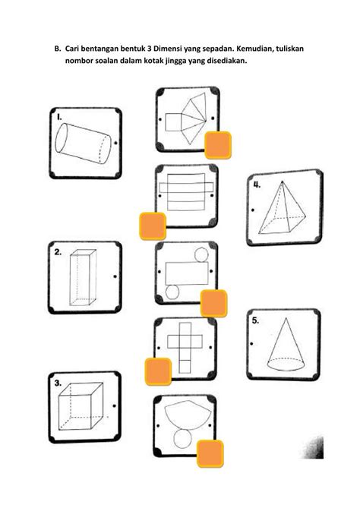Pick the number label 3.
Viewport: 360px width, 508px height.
[58, 384]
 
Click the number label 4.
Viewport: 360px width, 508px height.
[258, 185]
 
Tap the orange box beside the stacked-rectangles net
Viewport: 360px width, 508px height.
[153, 226]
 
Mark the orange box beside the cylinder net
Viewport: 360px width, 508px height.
[213, 302]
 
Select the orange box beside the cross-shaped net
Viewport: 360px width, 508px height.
[157, 372]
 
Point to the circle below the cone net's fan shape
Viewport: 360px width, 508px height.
[182, 438]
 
